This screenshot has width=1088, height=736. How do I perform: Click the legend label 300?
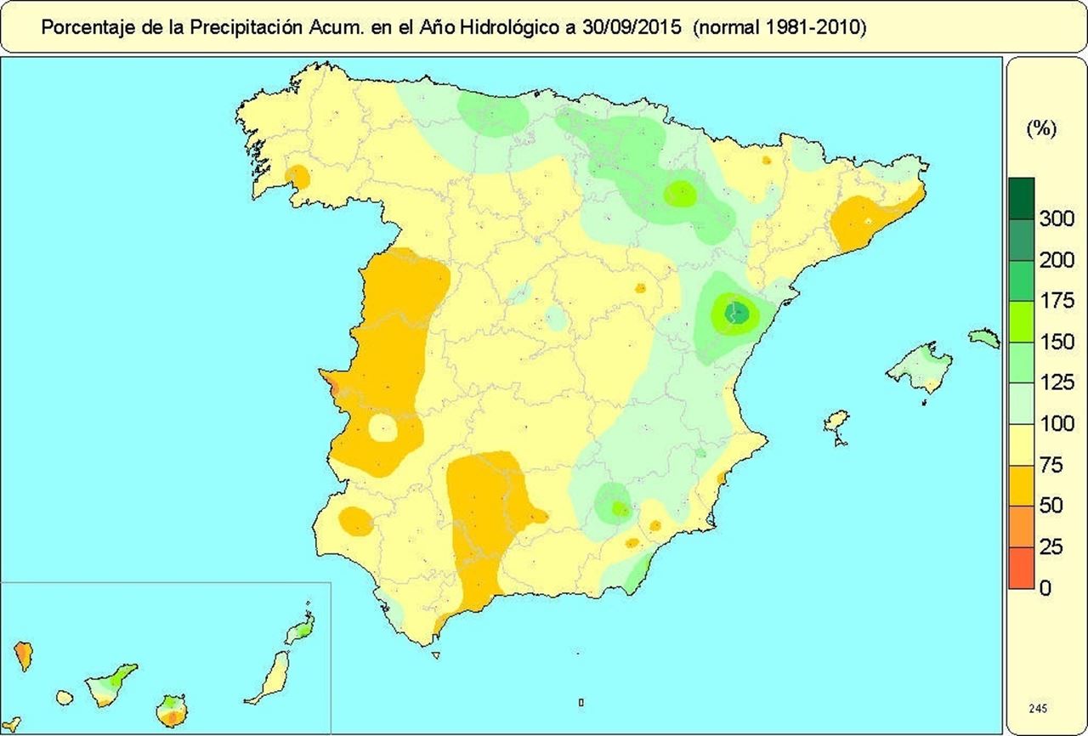pyautogui.click(x=1057, y=218)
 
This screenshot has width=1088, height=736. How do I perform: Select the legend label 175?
pyautogui.click(x=1057, y=301)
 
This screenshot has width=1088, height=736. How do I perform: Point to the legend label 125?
pyautogui.click(x=1057, y=383)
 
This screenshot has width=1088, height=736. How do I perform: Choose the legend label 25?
pyautogui.click(x=1051, y=546)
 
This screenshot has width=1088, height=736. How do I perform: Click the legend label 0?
pyautogui.click(x=1045, y=587)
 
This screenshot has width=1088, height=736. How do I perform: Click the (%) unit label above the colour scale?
pyautogui.click(x=1040, y=129)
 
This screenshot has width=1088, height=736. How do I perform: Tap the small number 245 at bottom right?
pyautogui.click(x=1037, y=708)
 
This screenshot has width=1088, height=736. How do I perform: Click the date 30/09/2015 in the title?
pyautogui.click(x=630, y=27)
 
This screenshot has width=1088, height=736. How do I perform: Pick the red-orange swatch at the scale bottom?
pyautogui.click(x=1021, y=568)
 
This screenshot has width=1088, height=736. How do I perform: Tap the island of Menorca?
pyautogui.click(x=984, y=337)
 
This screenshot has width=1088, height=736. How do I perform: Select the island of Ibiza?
pyautogui.click(x=837, y=422)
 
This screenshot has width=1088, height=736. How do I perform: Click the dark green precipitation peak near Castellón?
pyautogui.click(x=736, y=313)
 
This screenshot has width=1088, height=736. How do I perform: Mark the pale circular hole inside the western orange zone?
pyautogui.click(x=383, y=428)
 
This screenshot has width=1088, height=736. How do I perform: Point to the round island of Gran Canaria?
pyautogui.click(x=173, y=710)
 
